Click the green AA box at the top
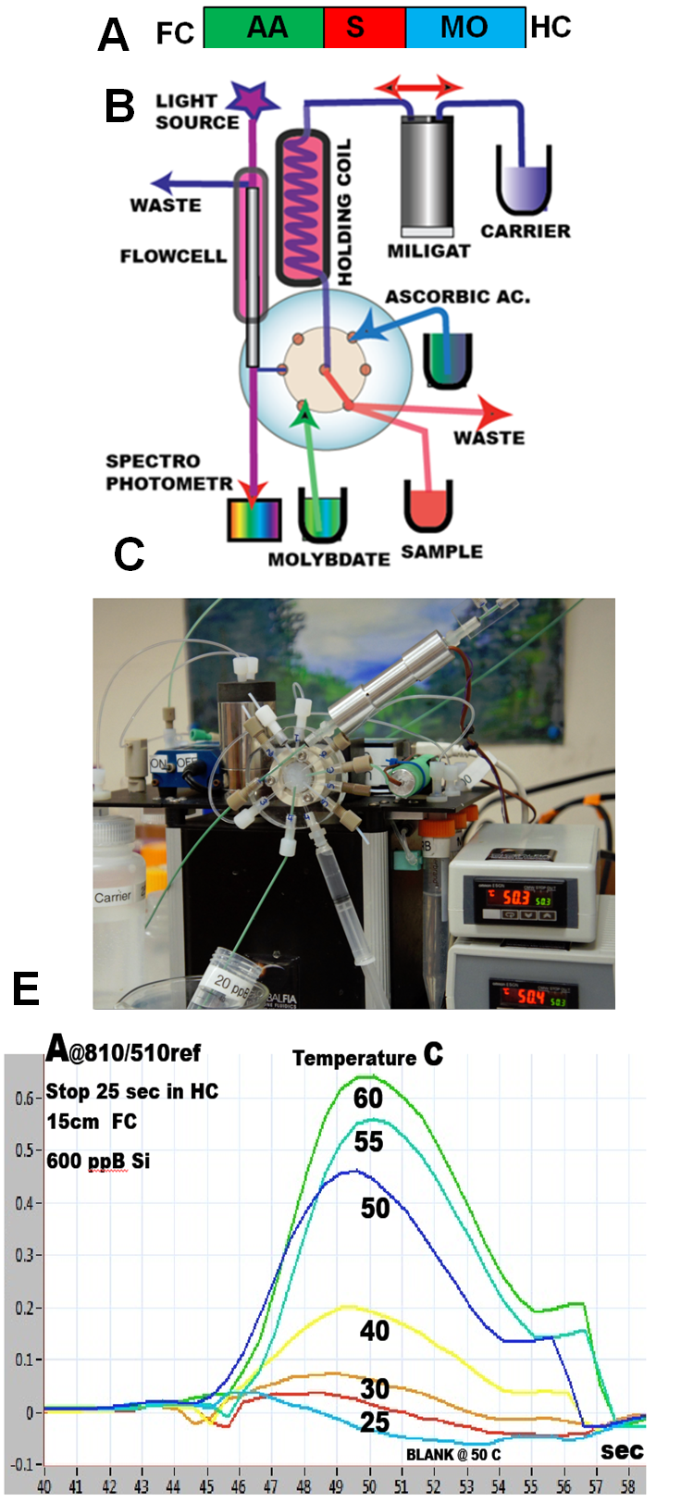(x=264, y=28)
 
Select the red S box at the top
(x=365, y=28)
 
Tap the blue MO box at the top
(x=464, y=28)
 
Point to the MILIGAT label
(x=428, y=251)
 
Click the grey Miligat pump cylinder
(x=427, y=175)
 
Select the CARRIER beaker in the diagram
(x=524, y=180)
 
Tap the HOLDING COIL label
(x=344, y=211)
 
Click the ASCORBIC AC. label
(x=458, y=297)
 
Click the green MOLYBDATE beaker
(x=322, y=515)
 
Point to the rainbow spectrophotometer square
(x=254, y=520)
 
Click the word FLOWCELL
(x=173, y=255)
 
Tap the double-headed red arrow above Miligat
(x=418, y=88)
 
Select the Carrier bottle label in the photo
(x=113, y=897)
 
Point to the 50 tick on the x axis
(x=369, y=1486)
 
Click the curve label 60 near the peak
(x=368, y=1098)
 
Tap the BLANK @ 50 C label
(x=453, y=1454)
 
